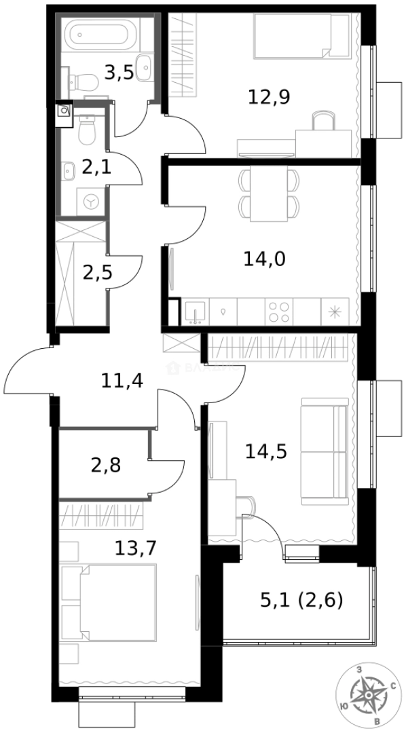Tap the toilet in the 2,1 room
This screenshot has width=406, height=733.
(x=87, y=130)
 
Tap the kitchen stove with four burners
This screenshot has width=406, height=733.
(x=278, y=312)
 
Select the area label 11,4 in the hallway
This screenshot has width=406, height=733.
(x=122, y=381)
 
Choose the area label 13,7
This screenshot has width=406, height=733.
(x=136, y=548)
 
